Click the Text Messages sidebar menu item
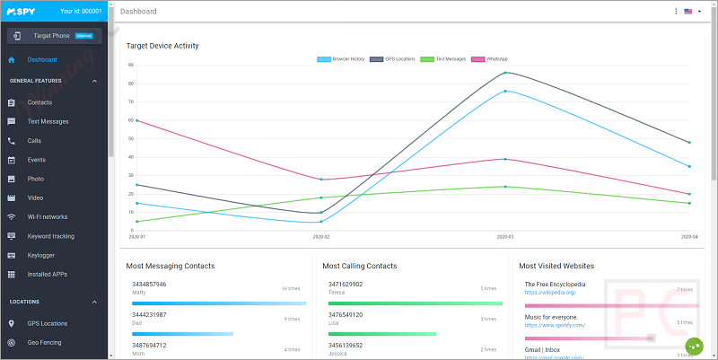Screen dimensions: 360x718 pos(48,121)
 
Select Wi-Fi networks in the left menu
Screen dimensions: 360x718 pos(48,216)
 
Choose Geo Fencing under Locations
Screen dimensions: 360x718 pos(45,342)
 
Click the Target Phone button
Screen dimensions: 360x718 pos(54,36)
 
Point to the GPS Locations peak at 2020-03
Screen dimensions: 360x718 pos(505,73)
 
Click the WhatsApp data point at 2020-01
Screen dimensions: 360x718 pos(136,120)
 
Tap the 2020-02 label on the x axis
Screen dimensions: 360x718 pos(321,237)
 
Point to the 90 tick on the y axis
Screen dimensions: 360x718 pos(131,66)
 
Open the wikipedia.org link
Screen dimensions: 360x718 pos(550,292)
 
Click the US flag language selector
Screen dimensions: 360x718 pos(689,12)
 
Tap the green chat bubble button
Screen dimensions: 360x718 pos(694,346)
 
